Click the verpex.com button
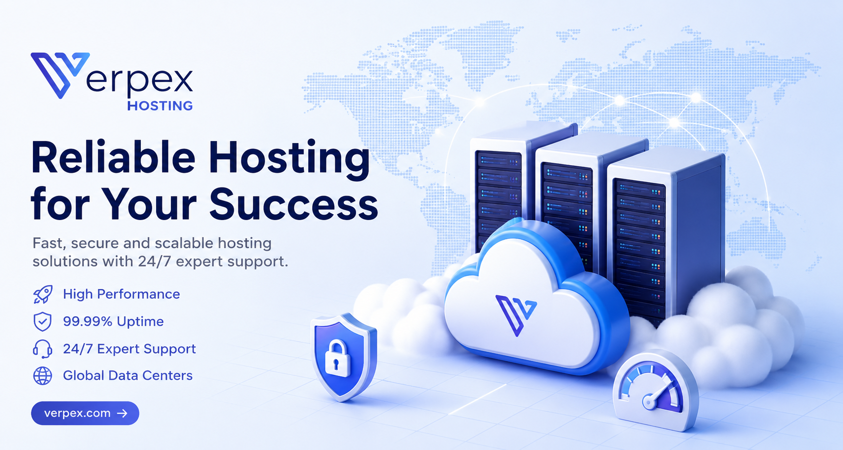tap(85, 413)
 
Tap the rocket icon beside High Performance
tap(43, 294)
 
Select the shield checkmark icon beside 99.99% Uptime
tap(43, 321)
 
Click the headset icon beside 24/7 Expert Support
tap(43, 349)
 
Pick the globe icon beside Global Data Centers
tap(43, 376)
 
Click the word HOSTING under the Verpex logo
tap(160, 106)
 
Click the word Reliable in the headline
tap(113, 158)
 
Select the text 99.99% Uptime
tap(113, 321)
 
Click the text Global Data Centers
tap(128, 375)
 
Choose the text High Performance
tap(121, 294)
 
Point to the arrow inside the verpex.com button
tap(122, 413)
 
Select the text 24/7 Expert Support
tap(129, 349)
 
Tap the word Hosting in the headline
tap(289, 159)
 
